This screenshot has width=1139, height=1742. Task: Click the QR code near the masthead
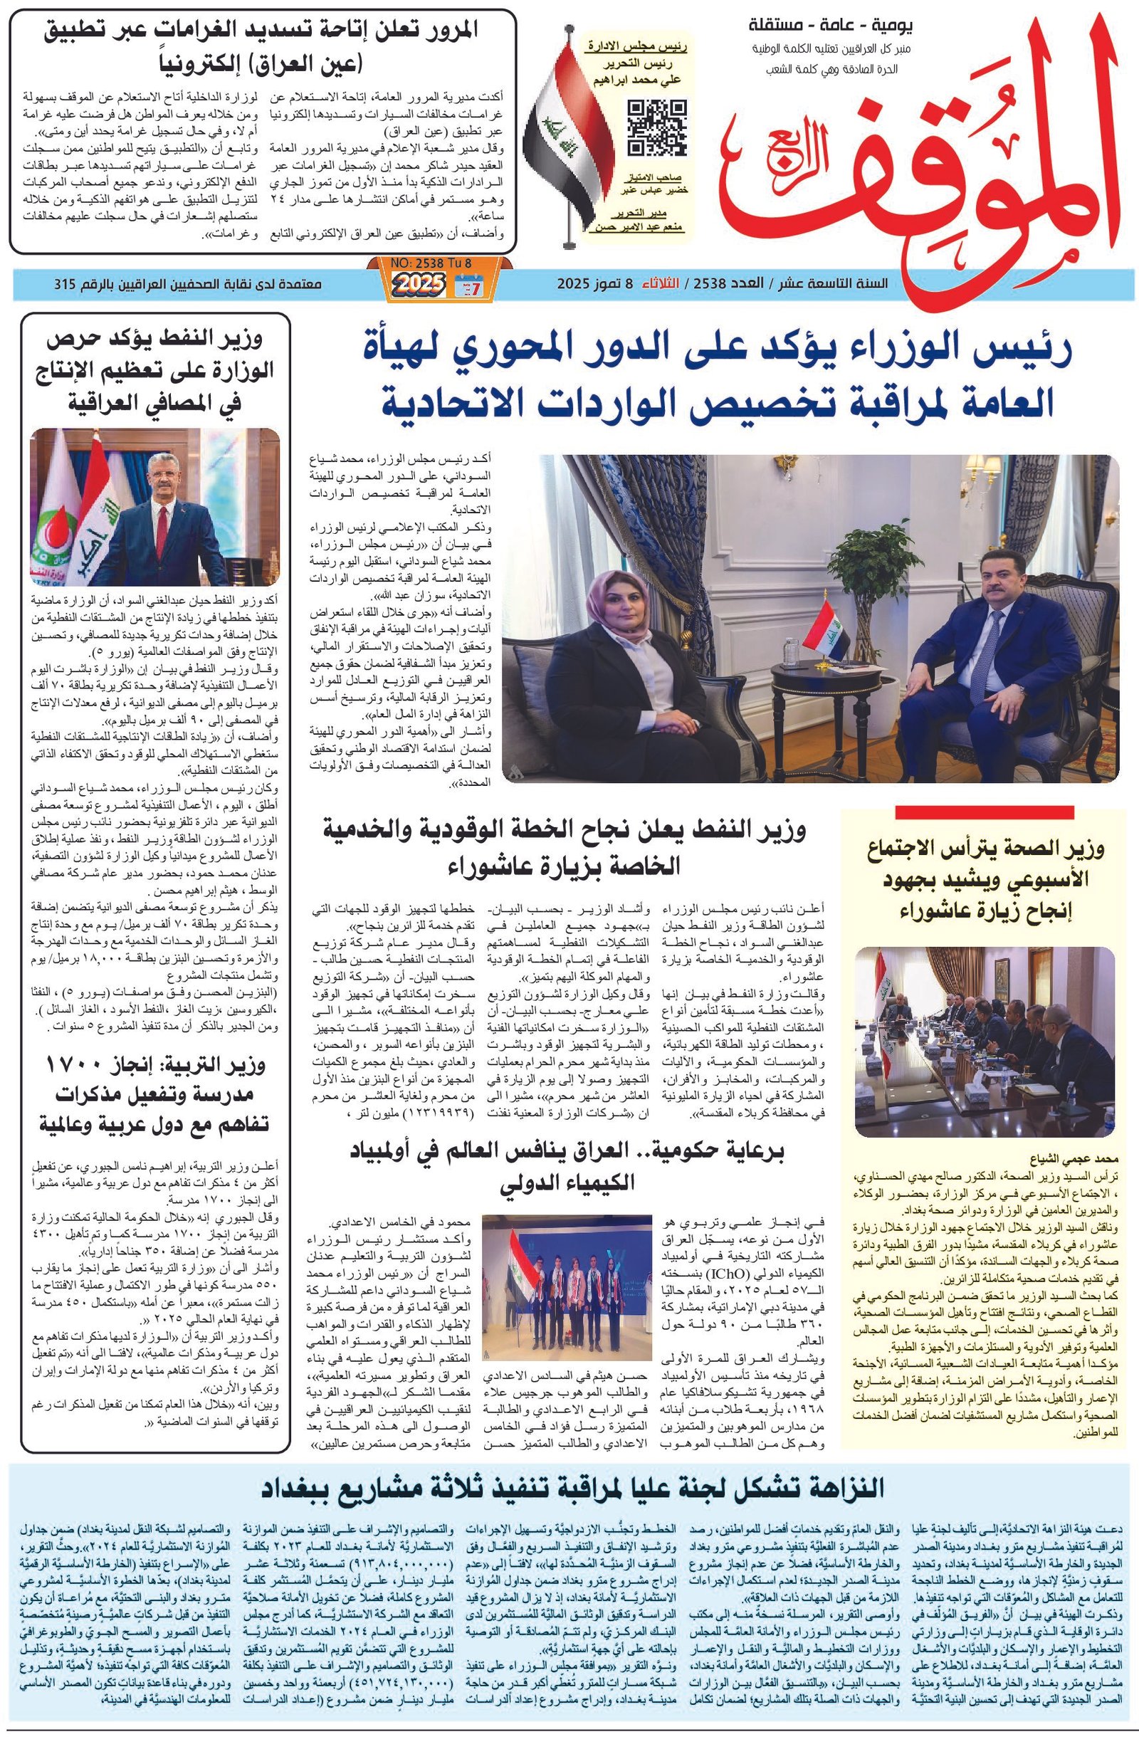(656, 127)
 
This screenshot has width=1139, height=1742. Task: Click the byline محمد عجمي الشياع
(1081, 1160)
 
